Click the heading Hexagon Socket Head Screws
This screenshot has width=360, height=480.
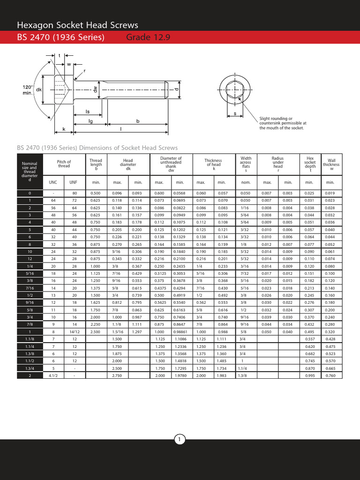click(x=77, y=25)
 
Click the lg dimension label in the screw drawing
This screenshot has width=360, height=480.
click(x=90, y=121)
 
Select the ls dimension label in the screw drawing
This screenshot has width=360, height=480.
click(x=87, y=112)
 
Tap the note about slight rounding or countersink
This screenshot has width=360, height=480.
click(x=283, y=123)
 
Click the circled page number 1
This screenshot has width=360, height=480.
click(x=180, y=439)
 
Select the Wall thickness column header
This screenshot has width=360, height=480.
click(x=331, y=165)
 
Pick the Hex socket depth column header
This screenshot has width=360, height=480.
click(x=309, y=165)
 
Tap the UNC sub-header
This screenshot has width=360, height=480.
click(x=52, y=182)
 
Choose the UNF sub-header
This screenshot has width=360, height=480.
click(x=74, y=182)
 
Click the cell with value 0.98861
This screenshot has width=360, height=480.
click(x=180, y=331)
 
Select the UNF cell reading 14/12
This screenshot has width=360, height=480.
click(x=74, y=331)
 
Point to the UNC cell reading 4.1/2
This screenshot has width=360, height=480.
click(x=52, y=376)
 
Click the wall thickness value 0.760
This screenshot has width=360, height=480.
click(x=330, y=376)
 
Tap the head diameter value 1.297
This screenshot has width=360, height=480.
click(x=138, y=331)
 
